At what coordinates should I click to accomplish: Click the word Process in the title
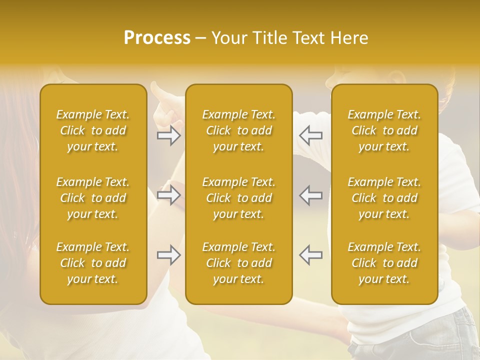click(x=157, y=38)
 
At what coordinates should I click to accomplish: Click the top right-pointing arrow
click(x=169, y=135)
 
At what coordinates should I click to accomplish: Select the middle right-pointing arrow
click(x=169, y=195)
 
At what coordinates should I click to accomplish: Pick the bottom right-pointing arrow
click(x=169, y=255)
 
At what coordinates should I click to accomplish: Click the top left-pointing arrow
click(x=310, y=135)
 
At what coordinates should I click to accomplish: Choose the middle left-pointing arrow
click(x=310, y=195)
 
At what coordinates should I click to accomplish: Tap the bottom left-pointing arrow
click(x=310, y=255)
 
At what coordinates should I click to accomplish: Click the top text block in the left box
click(x=93, y=130)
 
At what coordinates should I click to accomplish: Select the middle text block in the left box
click(x=93, y=198)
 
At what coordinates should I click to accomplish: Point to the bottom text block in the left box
click(x=93, y=263)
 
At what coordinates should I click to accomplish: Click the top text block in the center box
click(x=239, y=130)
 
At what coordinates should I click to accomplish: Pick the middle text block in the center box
click(x=239, y=198)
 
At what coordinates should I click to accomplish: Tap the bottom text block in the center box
click(x=239, y=263)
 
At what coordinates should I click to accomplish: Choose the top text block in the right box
click(x=384, y=130)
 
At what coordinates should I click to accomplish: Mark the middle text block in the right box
click(x=384, y=198)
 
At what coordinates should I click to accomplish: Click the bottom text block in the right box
click(x=384, y=263)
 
